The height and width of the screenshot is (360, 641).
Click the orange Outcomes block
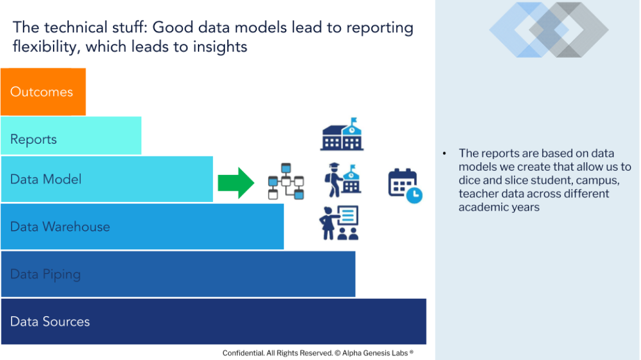click(x=43, y=92)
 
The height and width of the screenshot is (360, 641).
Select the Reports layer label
click(x=33, y=140)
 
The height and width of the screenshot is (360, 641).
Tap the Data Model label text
click(x=46, y=179)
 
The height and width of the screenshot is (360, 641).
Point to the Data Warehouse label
click(x=60, y=227)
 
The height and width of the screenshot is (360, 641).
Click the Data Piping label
click(x=46, y=274)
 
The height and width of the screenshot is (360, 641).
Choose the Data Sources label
click(x=50, y=321)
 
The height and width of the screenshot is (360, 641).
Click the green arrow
click(x=236, y=183)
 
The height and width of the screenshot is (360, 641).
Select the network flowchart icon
click(x=286, y=181)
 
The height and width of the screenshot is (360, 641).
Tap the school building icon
click(x=342, y=134)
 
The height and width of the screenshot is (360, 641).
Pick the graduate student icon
click(x=343, y=180)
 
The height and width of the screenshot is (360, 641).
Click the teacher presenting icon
click(x=339, y=223)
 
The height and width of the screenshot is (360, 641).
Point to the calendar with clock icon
click(x=404, y=186)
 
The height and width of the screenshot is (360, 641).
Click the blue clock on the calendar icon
click(x=414, y=195)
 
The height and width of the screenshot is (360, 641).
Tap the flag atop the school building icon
click(x=354, y=121)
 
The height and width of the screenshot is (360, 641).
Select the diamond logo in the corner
click(x=549, y=30)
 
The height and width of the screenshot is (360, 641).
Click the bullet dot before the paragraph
click(x=445, y=153)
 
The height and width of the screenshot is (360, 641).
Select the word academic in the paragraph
click(x=481, y=207)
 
